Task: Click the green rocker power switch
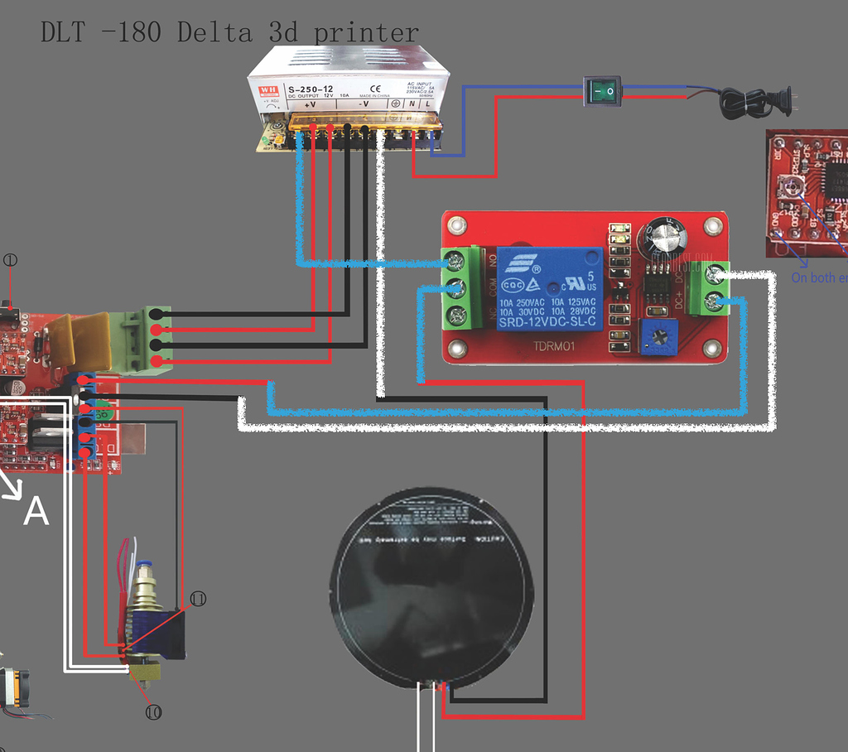602,90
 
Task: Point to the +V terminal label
311,105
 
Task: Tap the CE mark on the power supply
374,88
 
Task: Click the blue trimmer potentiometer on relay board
660,337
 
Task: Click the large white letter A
36,512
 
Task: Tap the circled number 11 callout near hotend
198,598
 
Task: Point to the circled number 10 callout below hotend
152,711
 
